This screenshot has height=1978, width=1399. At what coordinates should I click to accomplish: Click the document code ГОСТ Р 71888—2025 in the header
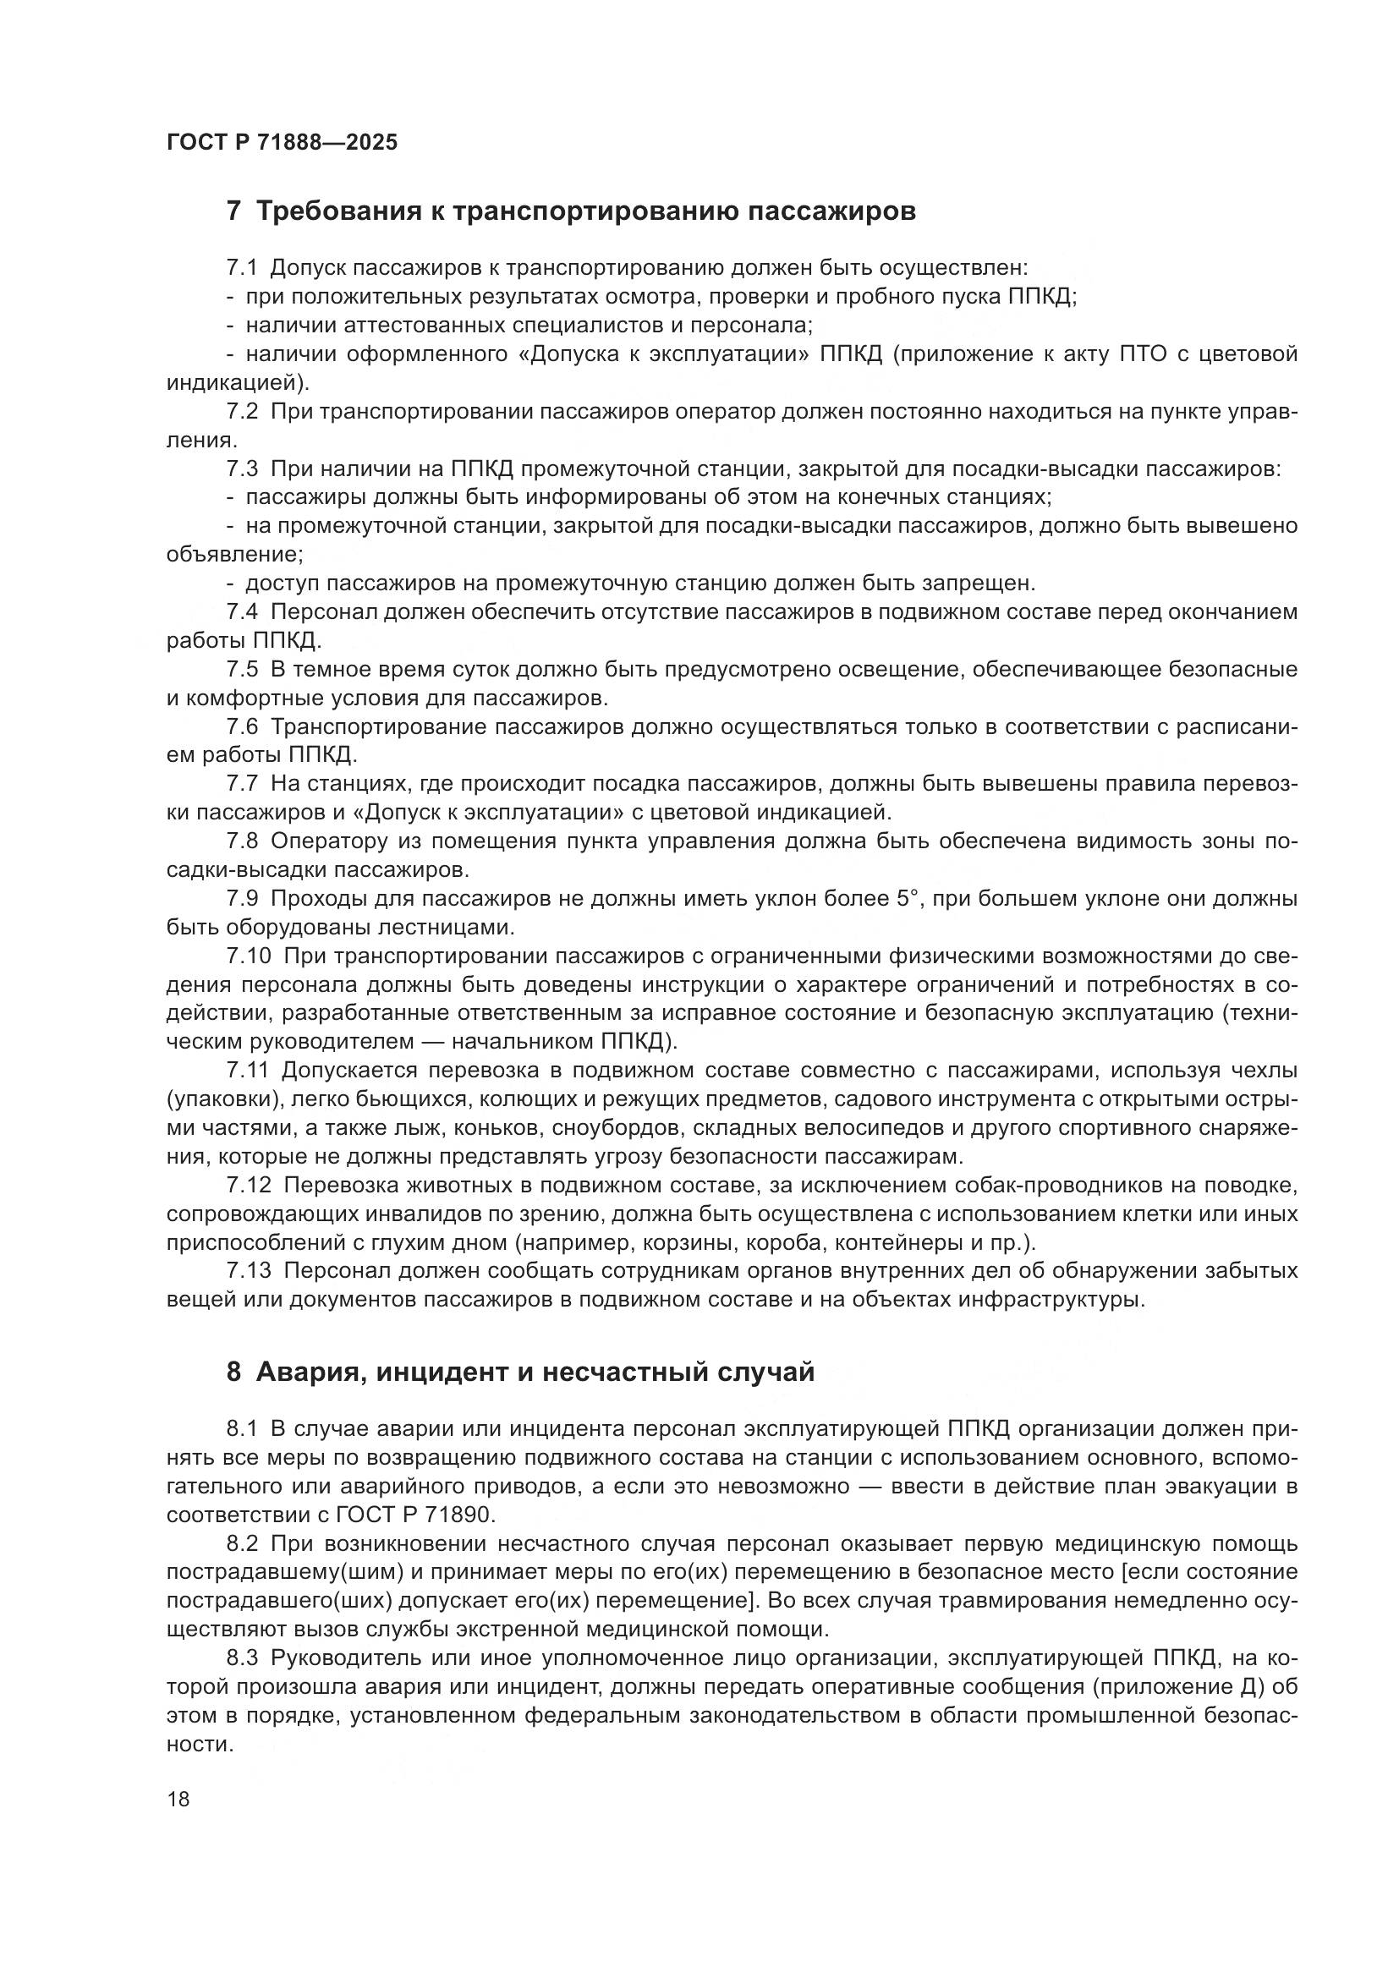(282, 143)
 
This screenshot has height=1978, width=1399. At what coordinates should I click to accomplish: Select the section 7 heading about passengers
(570, 211)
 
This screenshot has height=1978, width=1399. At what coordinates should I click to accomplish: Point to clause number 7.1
(242, 268)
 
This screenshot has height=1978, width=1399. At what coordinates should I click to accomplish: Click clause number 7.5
(242, 670)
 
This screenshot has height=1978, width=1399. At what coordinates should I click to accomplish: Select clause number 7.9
(242, 899)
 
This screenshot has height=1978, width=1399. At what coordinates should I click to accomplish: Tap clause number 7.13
(249, 1271)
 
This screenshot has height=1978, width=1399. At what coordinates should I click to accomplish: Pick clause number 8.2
(242, 1543)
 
